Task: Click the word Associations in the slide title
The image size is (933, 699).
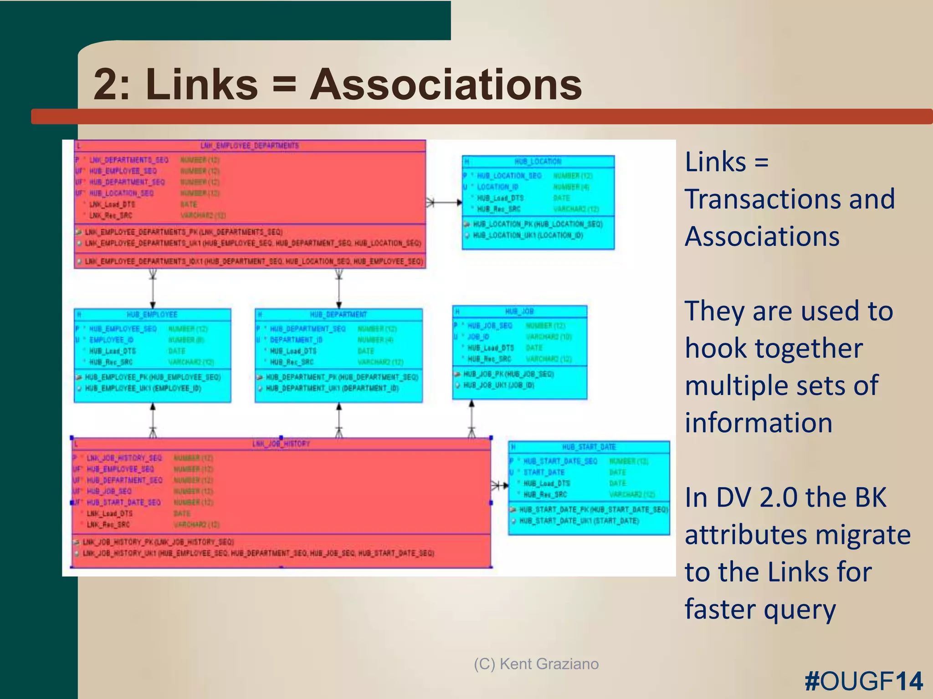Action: pyautogui.click(x=446, y=85)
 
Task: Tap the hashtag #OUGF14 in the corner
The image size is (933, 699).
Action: pyautogui.click(x=863, y=681)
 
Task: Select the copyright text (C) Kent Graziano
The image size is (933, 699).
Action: pyautogui.click(x=536, y=664)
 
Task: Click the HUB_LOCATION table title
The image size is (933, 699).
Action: pyautogui.click(x=538, y=162)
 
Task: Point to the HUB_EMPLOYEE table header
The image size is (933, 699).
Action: pyautogui.click(x=152, y=314)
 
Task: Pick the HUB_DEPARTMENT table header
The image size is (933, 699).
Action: pyautogui.click(x=338, y=314)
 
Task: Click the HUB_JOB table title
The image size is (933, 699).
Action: pyautogui.click(x=519, y=311)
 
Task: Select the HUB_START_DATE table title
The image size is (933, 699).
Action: pyautogui.click(x=589, y=447)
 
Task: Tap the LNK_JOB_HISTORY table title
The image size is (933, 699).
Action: pyautogui.click(x=281, y=444)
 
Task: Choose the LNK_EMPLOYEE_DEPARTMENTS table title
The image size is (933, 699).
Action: pyautogui.click(x=250, y=146)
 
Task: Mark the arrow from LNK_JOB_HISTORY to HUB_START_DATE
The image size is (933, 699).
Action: pyautogui.click(x=500, y=486)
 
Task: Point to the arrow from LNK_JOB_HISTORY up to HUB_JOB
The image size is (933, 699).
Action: pyautogui.click(x=472, y=419)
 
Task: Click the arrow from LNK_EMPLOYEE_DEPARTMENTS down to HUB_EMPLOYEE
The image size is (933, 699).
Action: pyautogui.click(x=153, y=289)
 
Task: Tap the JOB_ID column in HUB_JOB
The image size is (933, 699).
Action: pyautogui.click(x=478, y=337)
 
